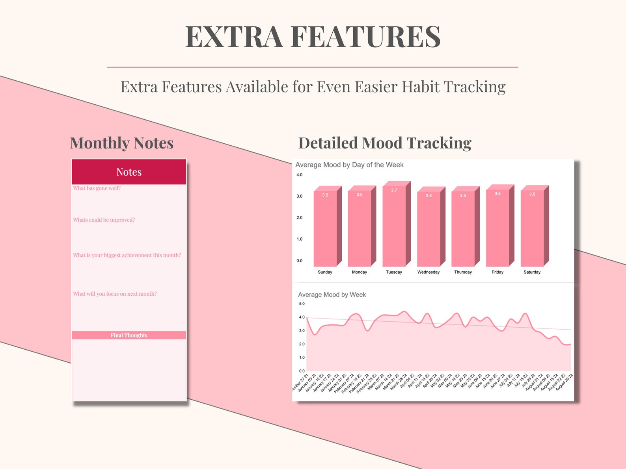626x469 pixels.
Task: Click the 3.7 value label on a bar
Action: point(394,190)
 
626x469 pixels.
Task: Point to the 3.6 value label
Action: point(497,193)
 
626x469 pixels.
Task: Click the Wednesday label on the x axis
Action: point(429,272)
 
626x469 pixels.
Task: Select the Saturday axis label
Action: point(532,272)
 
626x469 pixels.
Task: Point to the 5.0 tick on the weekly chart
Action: point(302,304)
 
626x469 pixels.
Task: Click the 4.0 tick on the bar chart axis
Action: point(300,175)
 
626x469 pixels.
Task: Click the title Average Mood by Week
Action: point(332,295)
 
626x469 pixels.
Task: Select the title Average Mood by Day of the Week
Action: point(349,165)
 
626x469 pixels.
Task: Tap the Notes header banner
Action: point(129,172)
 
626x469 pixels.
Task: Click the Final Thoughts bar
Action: point(129,335)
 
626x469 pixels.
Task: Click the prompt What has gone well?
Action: point(97,188)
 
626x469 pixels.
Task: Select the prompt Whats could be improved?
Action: point(104,220)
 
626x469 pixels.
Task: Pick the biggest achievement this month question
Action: point(127,255)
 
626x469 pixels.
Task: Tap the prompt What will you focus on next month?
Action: point(115,294)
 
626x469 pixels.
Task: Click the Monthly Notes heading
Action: point(122,143)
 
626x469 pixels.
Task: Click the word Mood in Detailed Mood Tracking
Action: point(382,143)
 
